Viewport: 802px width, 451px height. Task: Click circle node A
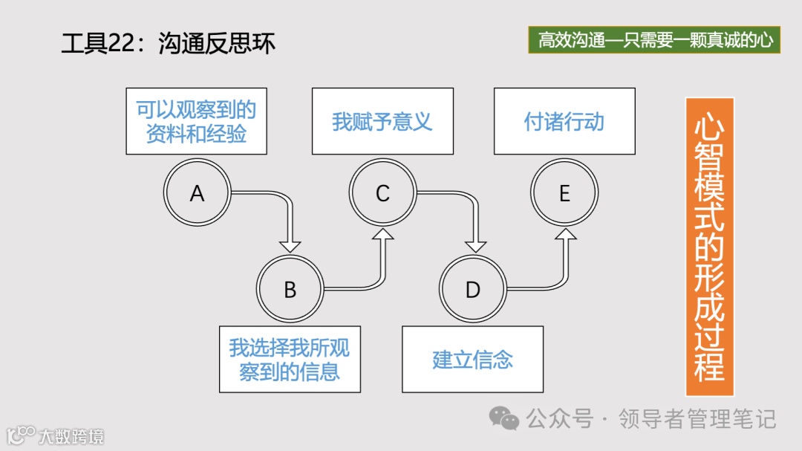pos(197,193)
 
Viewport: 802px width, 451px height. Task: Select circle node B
pos(290,289)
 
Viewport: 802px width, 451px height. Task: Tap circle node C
pos(382,193)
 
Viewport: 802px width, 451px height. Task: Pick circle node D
pos(473,289)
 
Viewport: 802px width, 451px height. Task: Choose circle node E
pos(564,193)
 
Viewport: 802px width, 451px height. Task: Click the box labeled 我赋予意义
pos(382,121)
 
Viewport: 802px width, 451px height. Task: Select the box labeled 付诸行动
pos(564,121)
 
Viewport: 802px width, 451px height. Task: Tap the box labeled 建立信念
pos(472,360)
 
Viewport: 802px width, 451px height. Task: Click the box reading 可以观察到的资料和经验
pos(196,121)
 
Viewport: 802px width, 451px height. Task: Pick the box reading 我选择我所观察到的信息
pos(290,360)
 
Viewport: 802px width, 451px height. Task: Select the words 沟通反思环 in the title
pos(217,44)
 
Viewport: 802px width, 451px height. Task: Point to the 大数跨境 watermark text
pos(71,435)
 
